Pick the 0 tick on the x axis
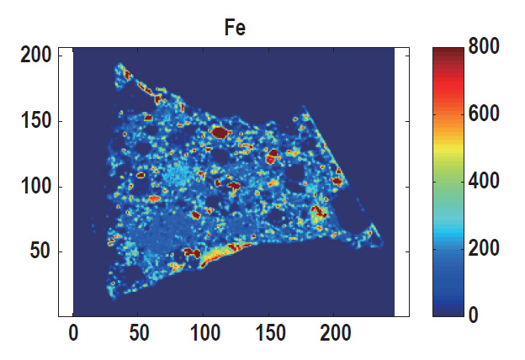(x=74, y=334)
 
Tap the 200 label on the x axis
(x=334, y=334)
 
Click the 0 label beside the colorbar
(x=473, y=315)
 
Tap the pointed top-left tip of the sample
(x=119, y=65)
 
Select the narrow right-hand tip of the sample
(x=380, y=242)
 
